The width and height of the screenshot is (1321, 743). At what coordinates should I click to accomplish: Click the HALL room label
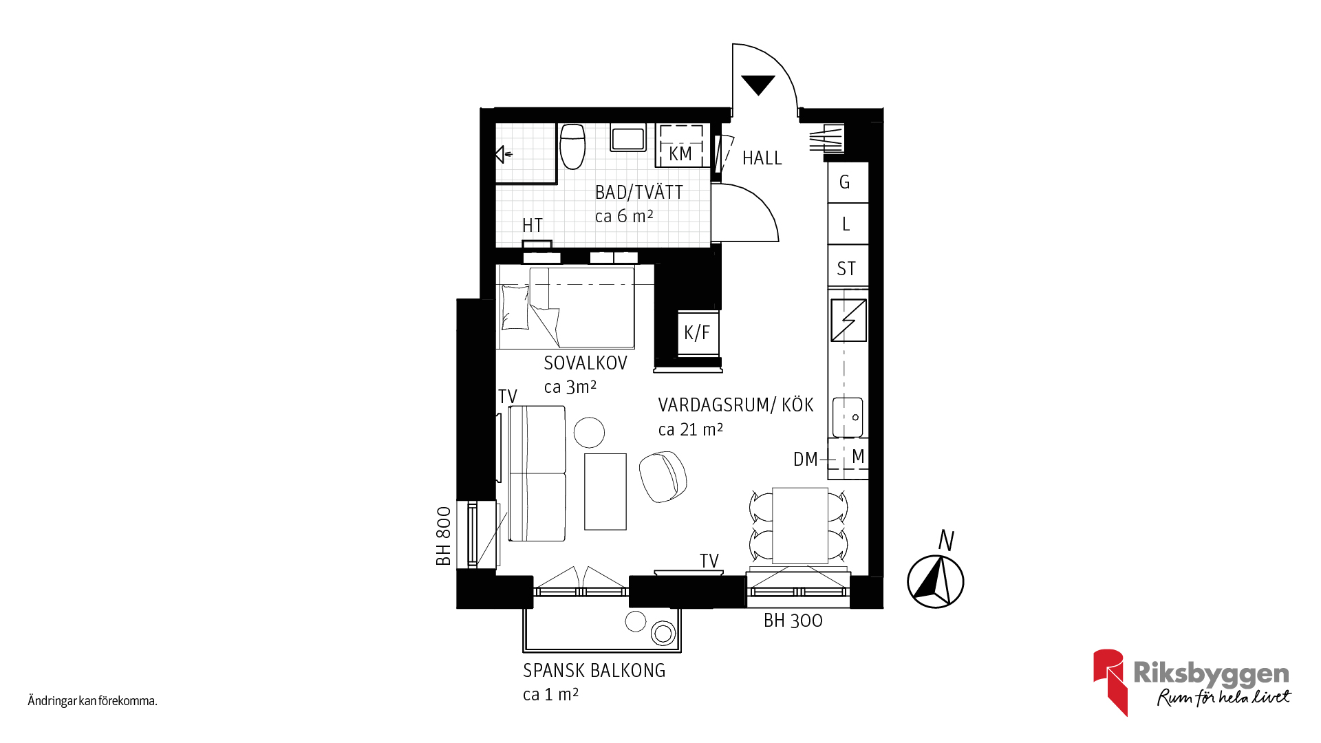[x=762, y=158]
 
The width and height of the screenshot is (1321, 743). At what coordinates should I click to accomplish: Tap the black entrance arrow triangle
[x=758, y=84]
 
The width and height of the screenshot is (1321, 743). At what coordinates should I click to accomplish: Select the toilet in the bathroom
[x=572, y=146]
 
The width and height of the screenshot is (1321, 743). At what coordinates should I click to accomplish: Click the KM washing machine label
[x=680, y=154]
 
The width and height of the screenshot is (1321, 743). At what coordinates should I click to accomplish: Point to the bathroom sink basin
[x=627, y=138]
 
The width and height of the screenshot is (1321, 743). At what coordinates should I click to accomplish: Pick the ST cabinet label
[x=846, y=268]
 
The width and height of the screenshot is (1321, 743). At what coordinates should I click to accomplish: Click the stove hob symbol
[x=848, y=321]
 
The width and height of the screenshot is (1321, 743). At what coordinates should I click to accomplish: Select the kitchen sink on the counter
[x=848, y=417]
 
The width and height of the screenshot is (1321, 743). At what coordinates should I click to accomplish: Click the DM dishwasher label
[x=805, y=460]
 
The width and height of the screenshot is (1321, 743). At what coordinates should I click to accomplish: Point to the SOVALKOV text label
[x=586, y=363]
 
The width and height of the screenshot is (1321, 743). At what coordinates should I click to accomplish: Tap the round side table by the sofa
[x=589, y=433]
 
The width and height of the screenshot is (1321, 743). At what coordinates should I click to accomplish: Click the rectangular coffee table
[x=605, y=491]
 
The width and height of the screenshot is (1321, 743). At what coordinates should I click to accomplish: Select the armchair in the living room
[x=663, y=477]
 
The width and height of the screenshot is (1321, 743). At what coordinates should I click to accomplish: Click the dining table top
[x=799, y=526]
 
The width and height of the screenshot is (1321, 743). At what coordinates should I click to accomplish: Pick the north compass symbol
[x=936, y=581]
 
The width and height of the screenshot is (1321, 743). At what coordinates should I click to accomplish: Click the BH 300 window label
[x=793, y=621]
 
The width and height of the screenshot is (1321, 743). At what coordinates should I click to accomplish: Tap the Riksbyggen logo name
[x=1211, y=674]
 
